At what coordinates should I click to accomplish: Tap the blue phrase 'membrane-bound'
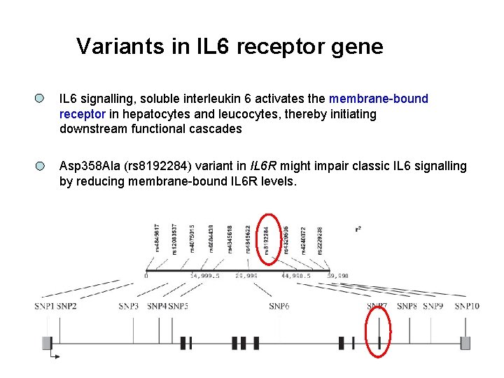(378, 99)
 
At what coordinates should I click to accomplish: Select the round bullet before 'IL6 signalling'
(41, 99)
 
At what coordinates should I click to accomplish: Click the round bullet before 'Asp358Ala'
(41, 167)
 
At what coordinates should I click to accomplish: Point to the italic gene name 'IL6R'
(264, 167)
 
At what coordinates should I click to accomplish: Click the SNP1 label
(44, 306)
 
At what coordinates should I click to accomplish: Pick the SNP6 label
(279, 306)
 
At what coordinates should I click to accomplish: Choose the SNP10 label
(467, 306)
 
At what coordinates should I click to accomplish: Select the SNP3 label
(129, 306)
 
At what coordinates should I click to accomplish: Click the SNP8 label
(407, 306)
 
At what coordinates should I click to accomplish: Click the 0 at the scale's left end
(146, 276)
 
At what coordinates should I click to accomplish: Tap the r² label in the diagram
(358, 228)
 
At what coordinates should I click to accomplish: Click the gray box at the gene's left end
(47, 342)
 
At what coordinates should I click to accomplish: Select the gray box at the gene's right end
(465, 342)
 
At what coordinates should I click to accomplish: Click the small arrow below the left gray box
(55, 356)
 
